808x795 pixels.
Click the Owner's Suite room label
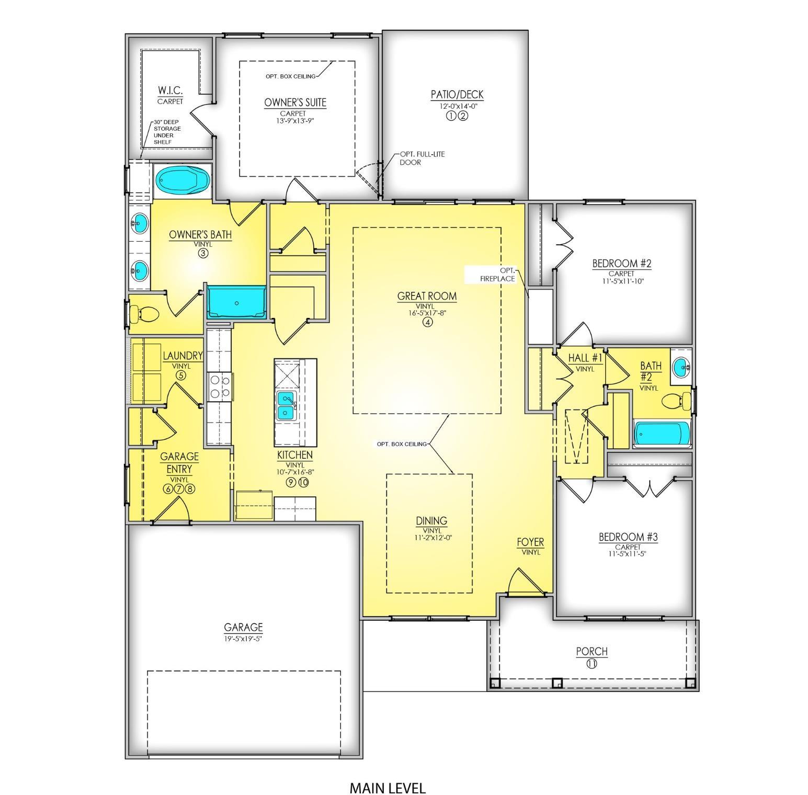coord(295,103)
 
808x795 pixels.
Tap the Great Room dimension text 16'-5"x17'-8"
coord(427,313)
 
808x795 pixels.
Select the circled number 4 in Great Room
coord(427,322)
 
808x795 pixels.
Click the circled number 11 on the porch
coord(591,664)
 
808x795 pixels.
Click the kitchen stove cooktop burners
coord(220,387)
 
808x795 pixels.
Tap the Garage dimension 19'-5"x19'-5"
coord(243,638)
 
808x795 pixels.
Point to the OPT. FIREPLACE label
coord(498,275)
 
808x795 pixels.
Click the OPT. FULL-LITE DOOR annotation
coord(422,158)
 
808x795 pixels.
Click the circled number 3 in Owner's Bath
coord(203,253)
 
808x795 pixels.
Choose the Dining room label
coord(431,520)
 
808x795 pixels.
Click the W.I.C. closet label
coord(170,91)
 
